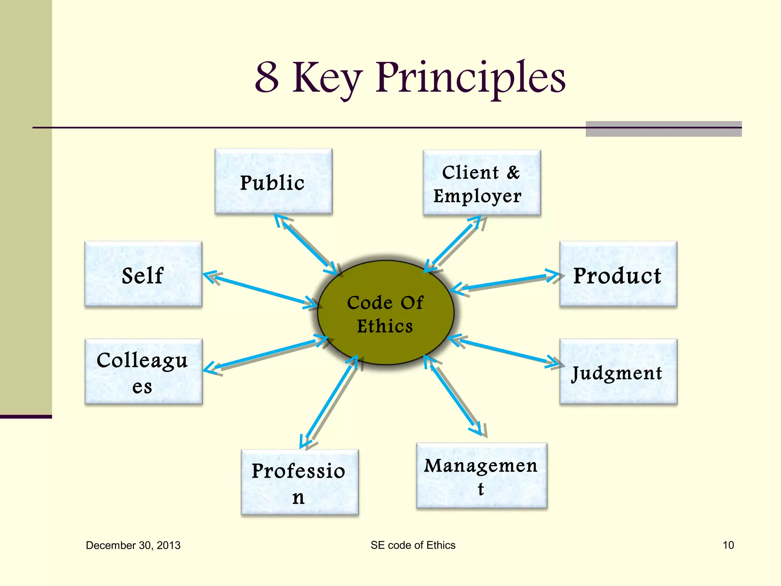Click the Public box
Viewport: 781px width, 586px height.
pyautogui.click(x=273, y=182)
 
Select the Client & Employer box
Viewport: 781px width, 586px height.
pyautogui.click(x=482, y=183)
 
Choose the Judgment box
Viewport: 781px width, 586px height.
pyautogui.click(x=618, y=372)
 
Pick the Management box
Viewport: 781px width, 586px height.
pyautogui.click(x=482, y=475)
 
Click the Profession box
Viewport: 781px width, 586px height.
pyautogui.click(x=300, y=482)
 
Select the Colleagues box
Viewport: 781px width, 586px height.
pyautogui.click(x=143, y=372)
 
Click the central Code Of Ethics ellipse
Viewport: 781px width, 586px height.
pyautogui.click(x=386, y=313)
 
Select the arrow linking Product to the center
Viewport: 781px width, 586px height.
pyautogui.click(x=505, y=282)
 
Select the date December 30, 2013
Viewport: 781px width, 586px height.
pyautogui.click(x=133, y=545)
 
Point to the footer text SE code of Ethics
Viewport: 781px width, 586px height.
pyautogui.click(x=413, y=545)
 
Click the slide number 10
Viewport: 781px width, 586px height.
pyautogui.click(x=728, y=545)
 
